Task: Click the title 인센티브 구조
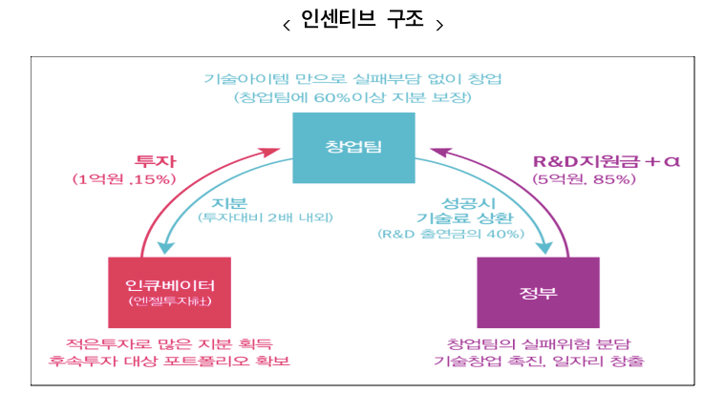pyautogui.click(x=363, y=21)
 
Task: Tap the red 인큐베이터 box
pyautogui.click(x=170, y=292)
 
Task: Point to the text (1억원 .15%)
pyautogui.click(x=125, y=178)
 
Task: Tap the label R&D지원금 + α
pyautogui.click(x=605, y=159)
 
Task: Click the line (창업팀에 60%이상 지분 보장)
pyautogui.click(x=352, y=96)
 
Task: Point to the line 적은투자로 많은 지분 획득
pyautogui.click(x=170, y=342)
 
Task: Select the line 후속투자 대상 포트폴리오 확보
pyautogui.click(x=170, y=362)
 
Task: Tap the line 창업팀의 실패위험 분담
pyautogui.click(x=539, y=342)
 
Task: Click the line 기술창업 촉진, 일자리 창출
pyautogui.click(x=539, y=362)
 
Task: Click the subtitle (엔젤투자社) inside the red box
pyautogui.click(x=169, y=302)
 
